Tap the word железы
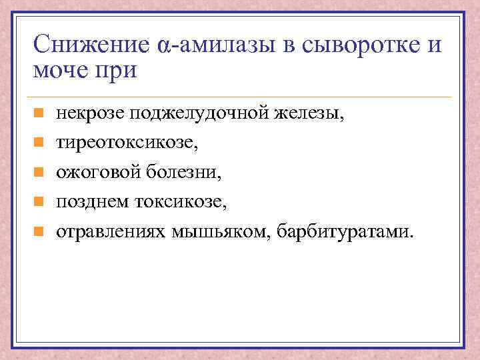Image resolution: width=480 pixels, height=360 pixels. point(313,114)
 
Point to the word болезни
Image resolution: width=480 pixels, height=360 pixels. point(188,173)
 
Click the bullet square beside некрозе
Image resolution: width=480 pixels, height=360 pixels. point(39,114)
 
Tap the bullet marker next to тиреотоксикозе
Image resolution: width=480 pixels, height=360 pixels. point(39,143)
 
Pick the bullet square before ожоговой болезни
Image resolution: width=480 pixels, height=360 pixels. point(39,173)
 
